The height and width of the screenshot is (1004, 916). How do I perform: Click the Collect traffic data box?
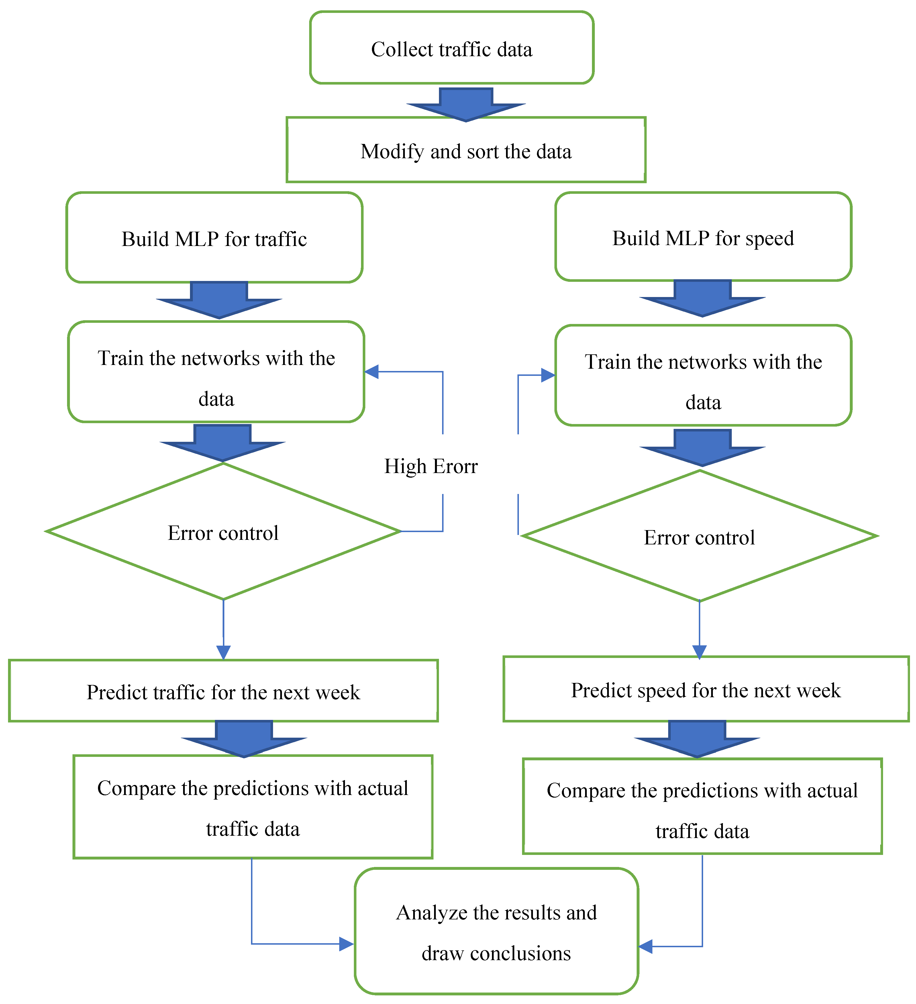tap(452, 48)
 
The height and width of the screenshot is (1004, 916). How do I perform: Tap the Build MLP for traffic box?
tap(214, 238)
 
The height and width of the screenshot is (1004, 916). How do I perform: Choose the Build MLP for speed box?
tap(703, 237)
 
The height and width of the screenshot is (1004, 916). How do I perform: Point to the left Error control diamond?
tap(223, 532)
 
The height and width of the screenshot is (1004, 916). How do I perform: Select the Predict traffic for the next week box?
tap(223, 691)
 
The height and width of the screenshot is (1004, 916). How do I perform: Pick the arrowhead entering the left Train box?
tap(371, 372)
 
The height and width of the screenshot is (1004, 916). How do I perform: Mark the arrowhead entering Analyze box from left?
tap(346, 944)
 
